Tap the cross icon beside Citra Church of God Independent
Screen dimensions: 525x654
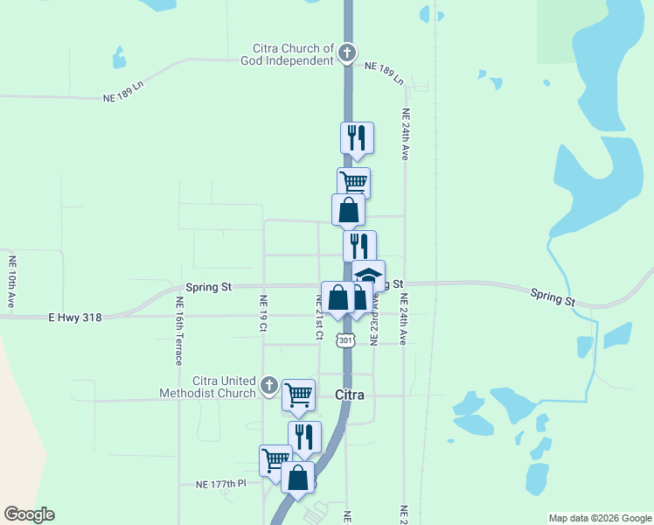(x=347, y=54)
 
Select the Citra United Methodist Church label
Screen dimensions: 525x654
(x=207, y=387)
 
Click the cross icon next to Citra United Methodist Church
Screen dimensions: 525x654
(x=269, y=386)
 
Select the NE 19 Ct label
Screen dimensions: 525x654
(x=262, y=312)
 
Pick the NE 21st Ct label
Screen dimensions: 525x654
(x=319, y=317)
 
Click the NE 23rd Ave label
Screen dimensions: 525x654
(x=374, y=317)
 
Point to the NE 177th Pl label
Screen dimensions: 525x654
(x=222, y=484)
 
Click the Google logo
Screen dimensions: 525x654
(x=29, y=514)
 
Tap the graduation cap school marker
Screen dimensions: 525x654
(x=368, y=276)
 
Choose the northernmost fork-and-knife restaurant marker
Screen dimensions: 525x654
(x=357, y=138)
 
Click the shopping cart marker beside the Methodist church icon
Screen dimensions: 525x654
(x=298, y=395)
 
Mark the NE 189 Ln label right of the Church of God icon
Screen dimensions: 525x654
(x=384, y=72)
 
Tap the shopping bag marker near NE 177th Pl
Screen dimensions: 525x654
(x=297, y=478)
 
